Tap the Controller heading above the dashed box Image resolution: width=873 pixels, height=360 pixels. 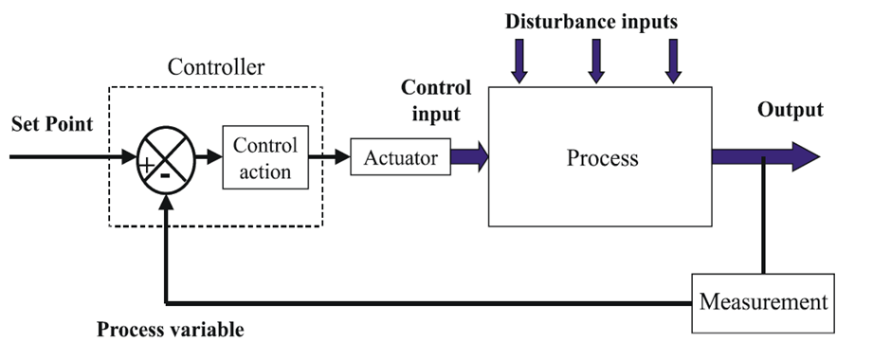click(x=215, y=67)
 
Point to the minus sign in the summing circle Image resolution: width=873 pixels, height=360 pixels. click(x=166, y=175)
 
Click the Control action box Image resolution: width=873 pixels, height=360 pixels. click(x=264, y=158)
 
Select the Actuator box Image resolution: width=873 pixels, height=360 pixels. click(x=400, y=157)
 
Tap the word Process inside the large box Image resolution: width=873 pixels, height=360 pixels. click(x=602, y=157)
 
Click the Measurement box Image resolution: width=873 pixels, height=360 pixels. click(x=763, y=303)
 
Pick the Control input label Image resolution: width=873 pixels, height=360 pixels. click(x=436, y=100)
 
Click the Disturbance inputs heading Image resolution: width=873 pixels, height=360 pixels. click(x=591, y=21)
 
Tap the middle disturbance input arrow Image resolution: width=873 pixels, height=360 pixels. click(x=595, y=63)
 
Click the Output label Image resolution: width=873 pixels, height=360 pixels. click(x=790, y=110)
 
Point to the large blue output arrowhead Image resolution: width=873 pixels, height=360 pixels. click(x=805, y=156)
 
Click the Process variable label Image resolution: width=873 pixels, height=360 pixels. click(x=171, y=331)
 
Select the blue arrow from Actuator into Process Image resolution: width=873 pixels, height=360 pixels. click(x=469, y=156)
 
